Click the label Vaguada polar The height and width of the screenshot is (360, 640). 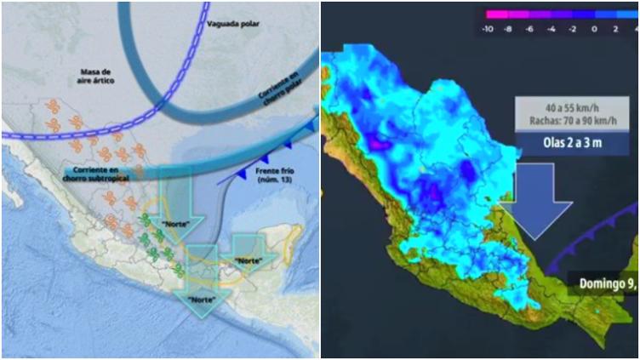(233, 24)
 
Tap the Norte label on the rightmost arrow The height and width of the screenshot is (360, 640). (249, 260)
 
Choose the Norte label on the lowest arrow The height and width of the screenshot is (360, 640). (201, 299)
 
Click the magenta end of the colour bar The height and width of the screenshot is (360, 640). (491, 14)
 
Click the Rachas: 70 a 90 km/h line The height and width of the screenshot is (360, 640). (568, 122)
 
